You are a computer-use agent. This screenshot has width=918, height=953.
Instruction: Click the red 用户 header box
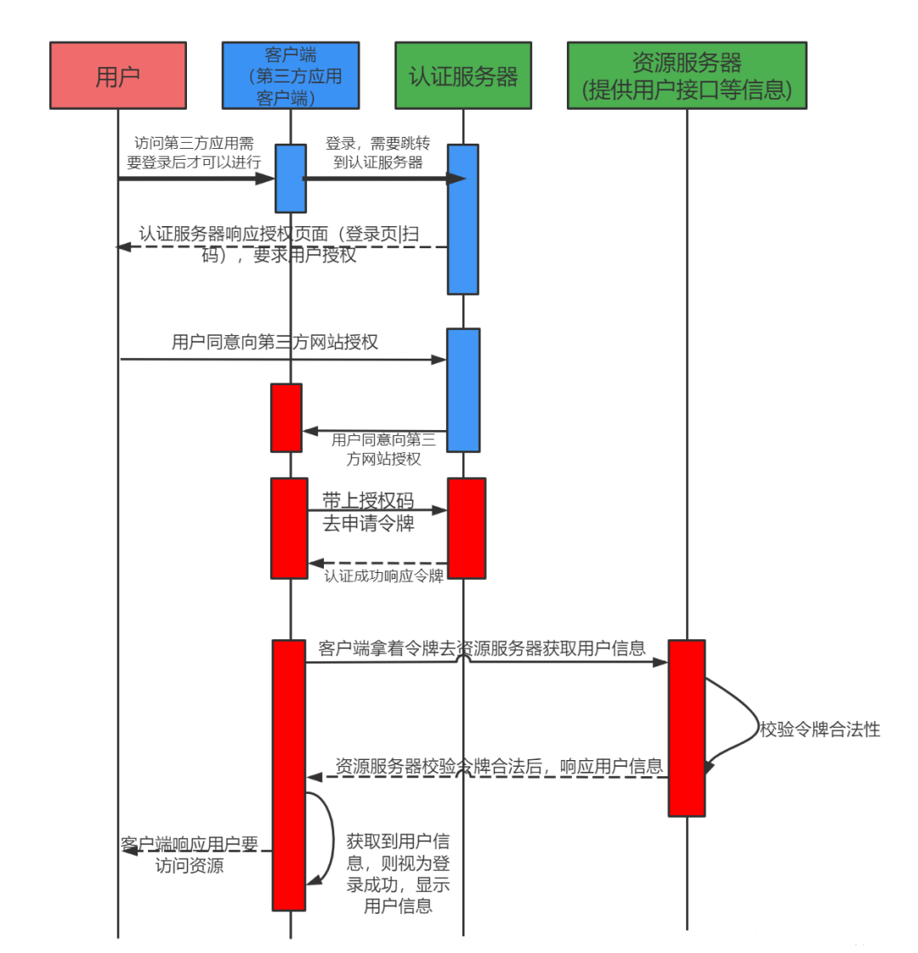point(118,76)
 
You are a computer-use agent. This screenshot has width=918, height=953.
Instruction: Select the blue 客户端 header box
point(291,76)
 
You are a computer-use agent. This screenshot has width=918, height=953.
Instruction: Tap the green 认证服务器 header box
point(463,76)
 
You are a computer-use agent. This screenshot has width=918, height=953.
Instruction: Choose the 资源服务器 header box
point(687,76)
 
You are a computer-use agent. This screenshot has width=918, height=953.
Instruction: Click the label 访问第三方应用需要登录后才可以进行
point(194,152)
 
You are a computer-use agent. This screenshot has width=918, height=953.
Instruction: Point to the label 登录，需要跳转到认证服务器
point(378,152)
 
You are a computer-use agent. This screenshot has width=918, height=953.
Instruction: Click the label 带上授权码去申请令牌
point(368,512)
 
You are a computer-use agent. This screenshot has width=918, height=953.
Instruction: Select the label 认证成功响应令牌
point(384,576)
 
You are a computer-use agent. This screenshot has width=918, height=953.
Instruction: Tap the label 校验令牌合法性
point(820,729)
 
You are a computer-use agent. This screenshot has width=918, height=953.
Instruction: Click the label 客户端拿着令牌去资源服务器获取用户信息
point(482,649)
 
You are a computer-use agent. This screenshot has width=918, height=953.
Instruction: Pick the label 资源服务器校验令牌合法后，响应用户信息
point(499,767)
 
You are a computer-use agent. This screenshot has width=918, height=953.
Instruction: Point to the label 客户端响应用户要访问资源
point(190,854)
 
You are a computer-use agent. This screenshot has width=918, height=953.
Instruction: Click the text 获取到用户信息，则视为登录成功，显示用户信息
point(398,873)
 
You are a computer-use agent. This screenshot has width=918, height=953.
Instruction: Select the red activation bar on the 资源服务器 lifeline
point(687,728)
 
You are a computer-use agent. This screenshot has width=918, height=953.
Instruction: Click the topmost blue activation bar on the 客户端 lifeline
point(291,178)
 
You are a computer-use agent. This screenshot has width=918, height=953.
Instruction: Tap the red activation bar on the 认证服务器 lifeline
point(467,528)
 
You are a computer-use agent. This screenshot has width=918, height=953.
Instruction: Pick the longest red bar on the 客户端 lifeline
point(289,775)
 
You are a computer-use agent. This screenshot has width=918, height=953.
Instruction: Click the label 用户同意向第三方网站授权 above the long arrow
point(275,343)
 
